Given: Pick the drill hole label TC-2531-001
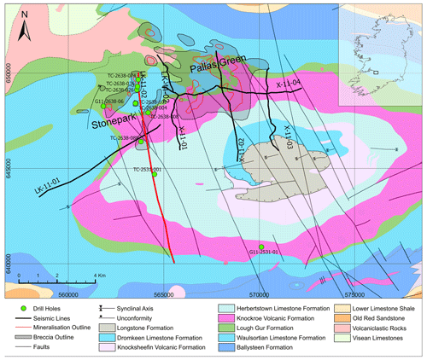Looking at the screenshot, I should pos(146,170).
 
